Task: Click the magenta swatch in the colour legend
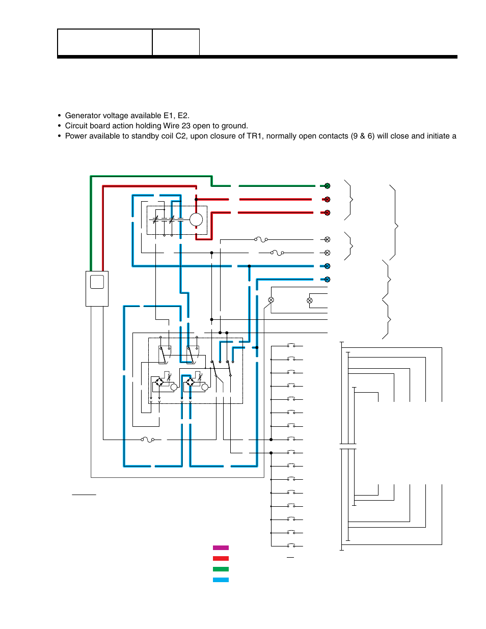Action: (x=221, y=548)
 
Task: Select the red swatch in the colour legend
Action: (x=221, y=558)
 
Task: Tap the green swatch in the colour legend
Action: (x=221, y=569)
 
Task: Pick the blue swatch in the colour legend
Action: (x=221, y=580)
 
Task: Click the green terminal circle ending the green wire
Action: (x=327, y=186)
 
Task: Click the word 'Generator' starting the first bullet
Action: (x=82, y=116)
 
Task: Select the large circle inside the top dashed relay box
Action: (x=196, y=220)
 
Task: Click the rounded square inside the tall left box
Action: (x=97, y=282)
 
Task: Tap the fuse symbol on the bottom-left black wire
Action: (x=148, y=439)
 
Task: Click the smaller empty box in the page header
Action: (x=176, y=42)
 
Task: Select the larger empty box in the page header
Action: (x=105, y=42)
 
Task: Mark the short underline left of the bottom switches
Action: (x=84, y=495)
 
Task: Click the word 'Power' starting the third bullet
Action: (x=75, y=136)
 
